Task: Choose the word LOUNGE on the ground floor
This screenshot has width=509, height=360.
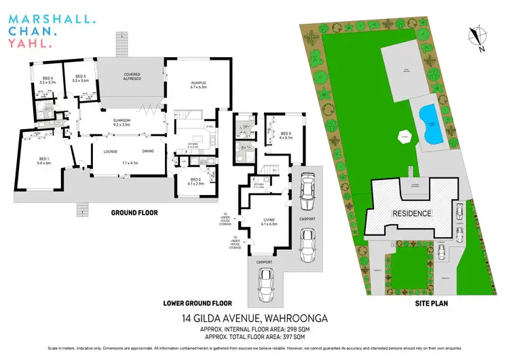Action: [x=111, y=152]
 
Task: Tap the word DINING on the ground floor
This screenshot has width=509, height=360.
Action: [x=148, y=152]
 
